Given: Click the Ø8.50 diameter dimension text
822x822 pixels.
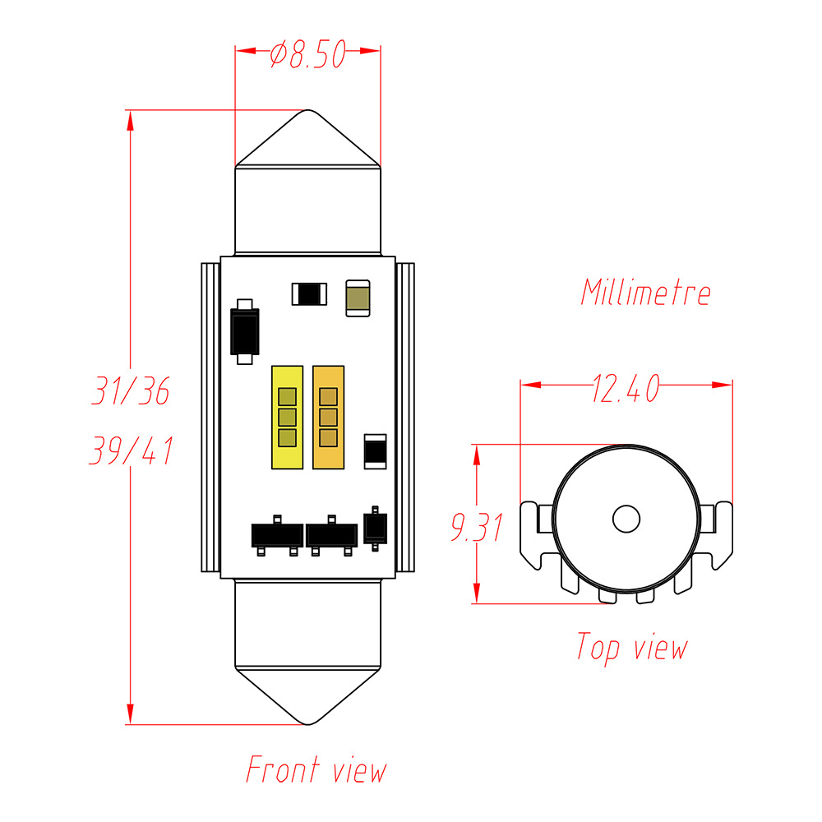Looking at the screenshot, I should [307, 56].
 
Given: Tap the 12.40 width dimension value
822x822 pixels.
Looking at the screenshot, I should [626, 389].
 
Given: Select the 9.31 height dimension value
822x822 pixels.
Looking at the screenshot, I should [476, 527].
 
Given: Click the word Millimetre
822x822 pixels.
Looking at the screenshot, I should [645, 293].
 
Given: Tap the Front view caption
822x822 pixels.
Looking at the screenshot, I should [316, 769].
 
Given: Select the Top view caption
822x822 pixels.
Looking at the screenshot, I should [630, 647].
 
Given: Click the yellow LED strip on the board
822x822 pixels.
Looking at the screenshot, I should [286, 417].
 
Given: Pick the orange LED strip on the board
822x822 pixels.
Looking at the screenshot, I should [327, 417].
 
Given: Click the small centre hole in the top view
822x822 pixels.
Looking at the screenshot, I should [626, 519].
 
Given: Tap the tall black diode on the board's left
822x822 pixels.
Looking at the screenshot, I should [245, 331].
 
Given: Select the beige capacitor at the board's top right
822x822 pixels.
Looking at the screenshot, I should [358, 297].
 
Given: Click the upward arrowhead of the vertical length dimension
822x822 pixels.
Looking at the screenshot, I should [130, 121].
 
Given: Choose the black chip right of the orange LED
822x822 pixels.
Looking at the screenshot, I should [375, 450].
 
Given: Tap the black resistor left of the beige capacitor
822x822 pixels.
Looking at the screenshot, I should [310, 293].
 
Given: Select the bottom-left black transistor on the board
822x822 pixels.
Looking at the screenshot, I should [276, 535].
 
